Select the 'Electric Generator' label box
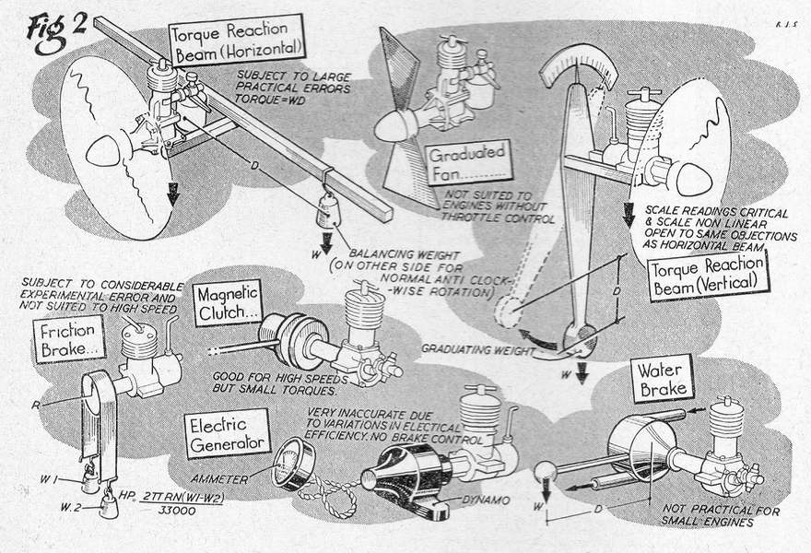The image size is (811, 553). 226,432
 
